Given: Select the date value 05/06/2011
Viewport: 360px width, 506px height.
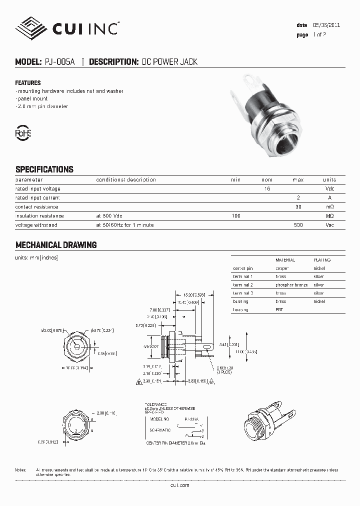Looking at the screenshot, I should click(326, 25).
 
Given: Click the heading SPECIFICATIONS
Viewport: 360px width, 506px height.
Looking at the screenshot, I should click(44, 169).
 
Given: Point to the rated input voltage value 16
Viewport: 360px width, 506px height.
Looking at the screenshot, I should click(267, 189).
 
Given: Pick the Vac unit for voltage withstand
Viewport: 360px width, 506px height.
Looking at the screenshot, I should click(329, 225).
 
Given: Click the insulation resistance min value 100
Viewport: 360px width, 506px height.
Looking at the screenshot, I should click(235, 216).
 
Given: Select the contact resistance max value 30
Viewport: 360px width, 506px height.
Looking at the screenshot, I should click(298, 207).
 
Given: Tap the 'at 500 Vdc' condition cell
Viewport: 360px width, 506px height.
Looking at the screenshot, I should click(109, 216).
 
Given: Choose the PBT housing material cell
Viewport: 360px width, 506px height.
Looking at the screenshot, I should click(279, 310).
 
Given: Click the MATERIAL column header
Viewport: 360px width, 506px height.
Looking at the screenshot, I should click(285, 260).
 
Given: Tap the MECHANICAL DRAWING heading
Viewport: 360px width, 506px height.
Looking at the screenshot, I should click(55, 245).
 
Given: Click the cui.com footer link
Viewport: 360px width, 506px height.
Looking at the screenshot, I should click(180, 485).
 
